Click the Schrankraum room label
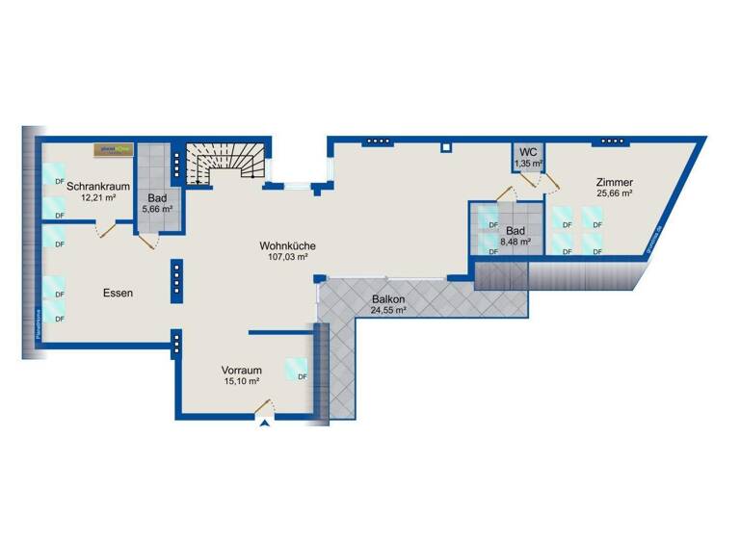click(x=92, y=186)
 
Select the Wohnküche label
click(x=288, y=245)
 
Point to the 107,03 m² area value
click(x=288, y=257)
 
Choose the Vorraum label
click(x=241, y=370)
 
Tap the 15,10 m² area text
click(x=241, y=381)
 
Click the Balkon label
click(x=387, y=299)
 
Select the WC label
click(x=528, y=153)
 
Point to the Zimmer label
click(x=614, y=181)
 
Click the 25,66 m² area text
click(x=614, y=192)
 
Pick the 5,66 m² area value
click(x=157, y=208)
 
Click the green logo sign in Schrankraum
click(x=113, y=149)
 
